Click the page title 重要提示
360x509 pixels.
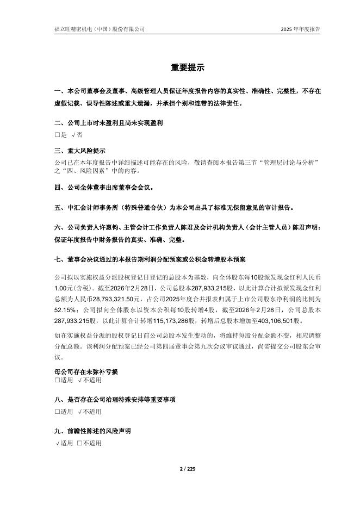tap(180, 68)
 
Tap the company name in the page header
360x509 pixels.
tap(100, 29)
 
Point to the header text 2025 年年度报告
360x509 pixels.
tap(300, 29)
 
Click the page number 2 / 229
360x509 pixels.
tap(180, 469)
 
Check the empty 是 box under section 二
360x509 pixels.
tap(58, 134)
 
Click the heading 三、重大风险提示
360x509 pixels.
tap(80, 151)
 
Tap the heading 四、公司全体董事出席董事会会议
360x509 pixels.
tap(104, 188)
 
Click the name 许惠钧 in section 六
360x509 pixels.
tap(118, 227)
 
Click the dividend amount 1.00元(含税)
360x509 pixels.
tap(72, 285)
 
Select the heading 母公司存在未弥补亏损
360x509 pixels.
tap(86, 372)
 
